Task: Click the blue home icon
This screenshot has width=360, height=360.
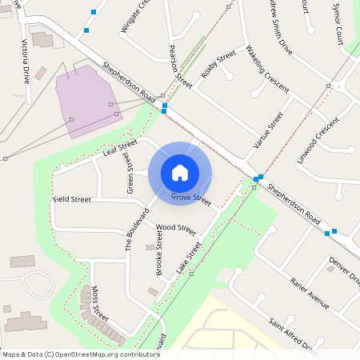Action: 180,172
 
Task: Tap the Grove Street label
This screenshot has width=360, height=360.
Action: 190,195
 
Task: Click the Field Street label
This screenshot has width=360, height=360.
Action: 72,198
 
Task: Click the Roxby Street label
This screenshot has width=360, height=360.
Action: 218,63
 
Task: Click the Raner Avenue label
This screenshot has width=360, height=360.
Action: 310,293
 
